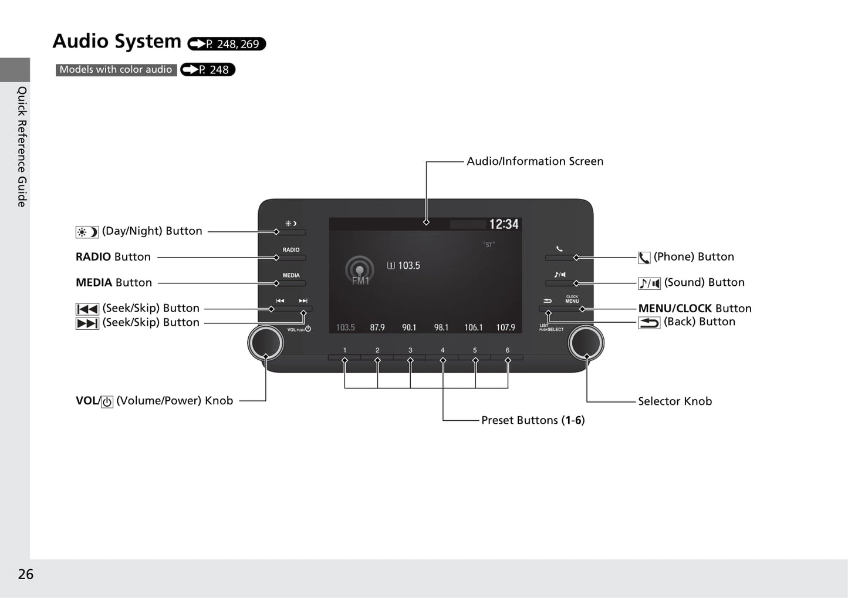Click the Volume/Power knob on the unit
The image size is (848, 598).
click(x=265, y=343)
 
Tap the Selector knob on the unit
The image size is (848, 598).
click(x=586, y=343)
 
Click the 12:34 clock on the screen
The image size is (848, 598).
click(x=504, y=224)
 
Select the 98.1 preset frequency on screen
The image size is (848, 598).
click(x=441, y=327)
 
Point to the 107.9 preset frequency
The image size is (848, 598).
click(x=505, y=327)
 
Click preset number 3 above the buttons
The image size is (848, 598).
click(x=410, y=350)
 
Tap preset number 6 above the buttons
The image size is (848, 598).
click(x=508, y=350)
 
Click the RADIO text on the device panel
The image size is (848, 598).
click(x=291, y=250)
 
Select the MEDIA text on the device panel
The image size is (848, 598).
click(x=291, y=275)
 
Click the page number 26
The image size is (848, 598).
click(x=26, y=574)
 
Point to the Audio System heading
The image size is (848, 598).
click(x=117, y=41)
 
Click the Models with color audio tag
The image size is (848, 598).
click(x=116, y=70)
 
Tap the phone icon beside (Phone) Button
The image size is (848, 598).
click(x=644, y=258)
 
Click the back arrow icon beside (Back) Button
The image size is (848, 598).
click(x=649, y=322)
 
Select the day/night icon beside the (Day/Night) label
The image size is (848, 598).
click(x=87, y=232)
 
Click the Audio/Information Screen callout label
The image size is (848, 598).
click(x=535, y=161)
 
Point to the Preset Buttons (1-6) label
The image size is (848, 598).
click(x=532, y=420)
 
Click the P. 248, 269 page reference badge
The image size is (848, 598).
click(x=227, y=44)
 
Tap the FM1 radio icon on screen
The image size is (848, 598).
click(x=360, y=272)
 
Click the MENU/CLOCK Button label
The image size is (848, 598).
click(x=694, y=308)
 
